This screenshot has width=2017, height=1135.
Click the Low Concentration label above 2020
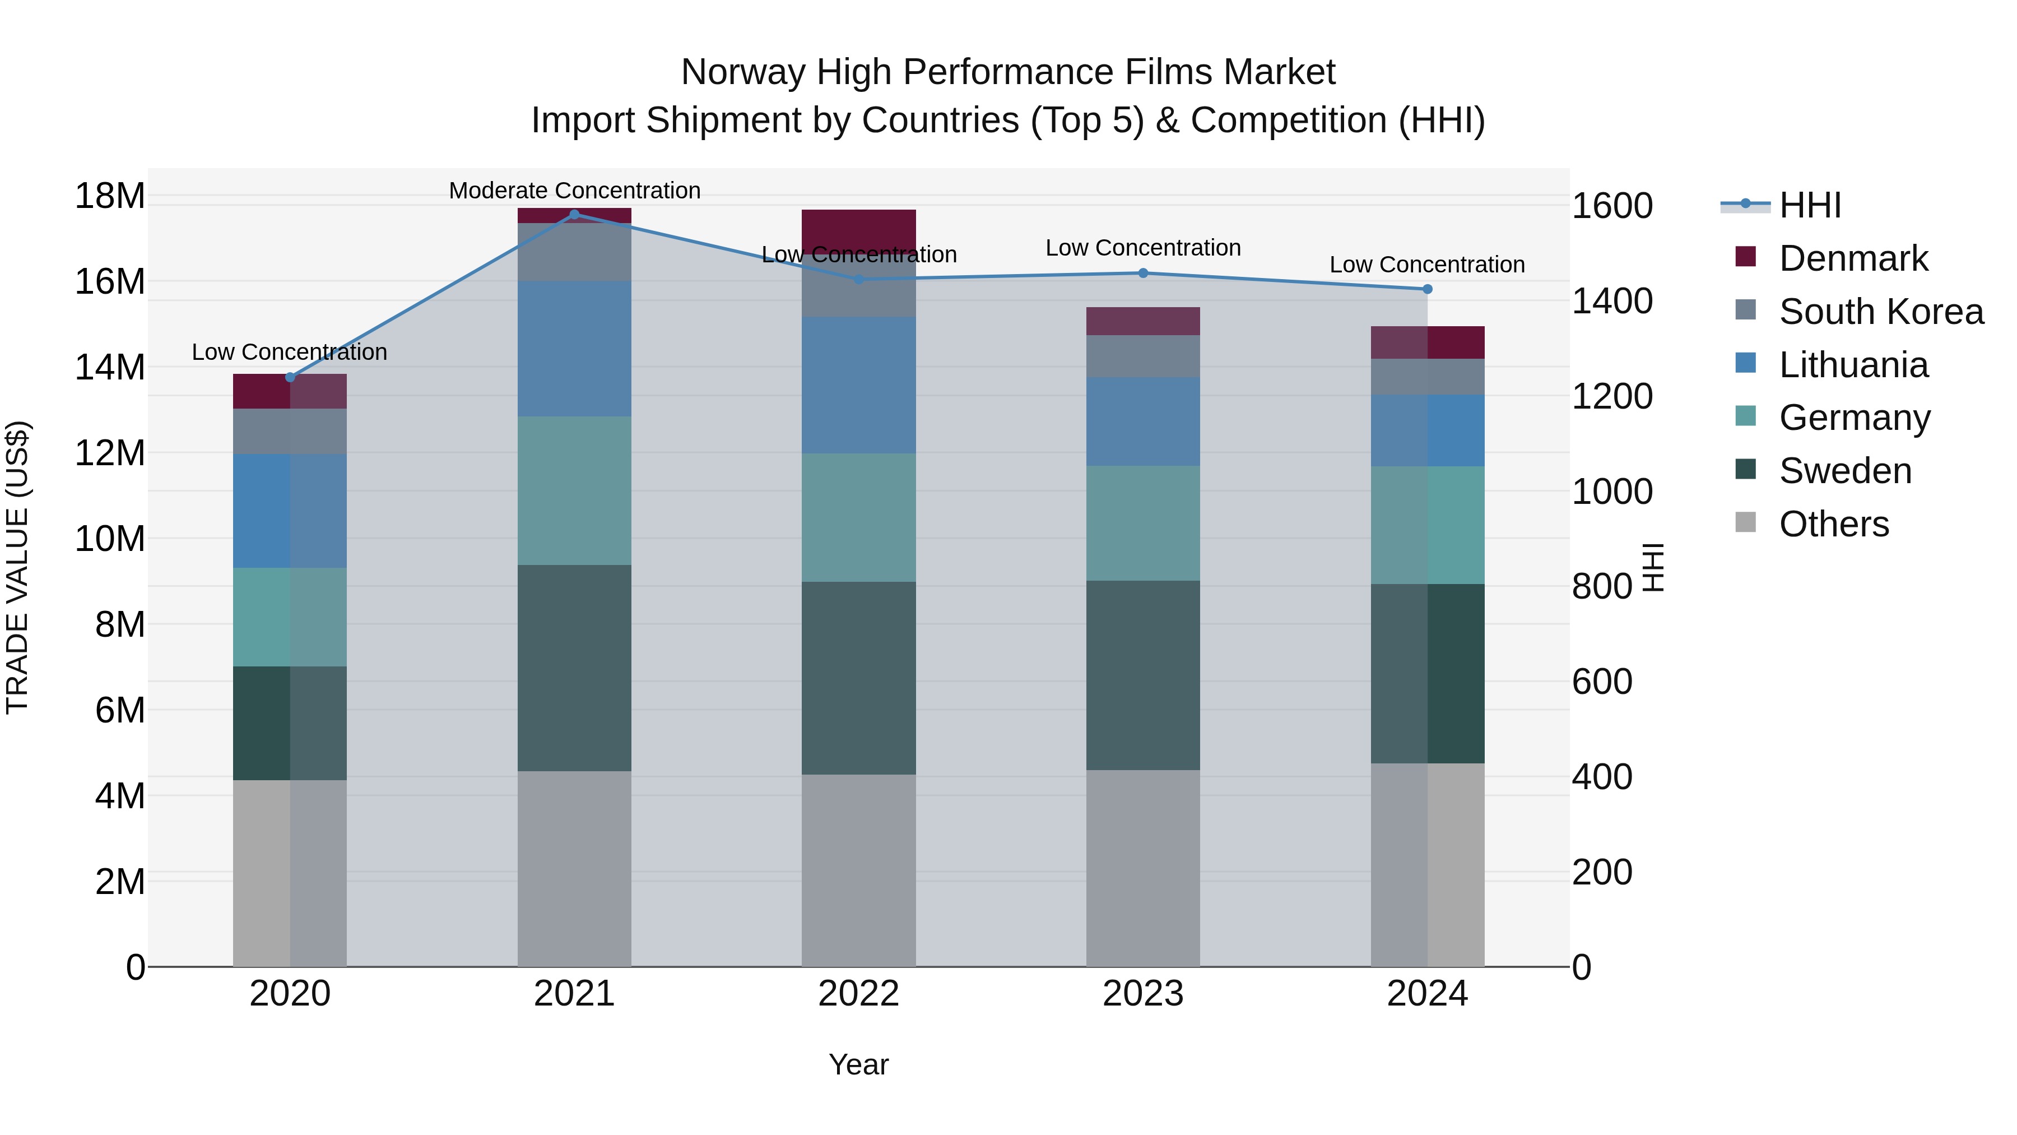(289, 353)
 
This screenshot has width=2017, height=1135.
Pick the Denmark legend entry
(1853, 258)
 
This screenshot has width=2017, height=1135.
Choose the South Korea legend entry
(1881, 312)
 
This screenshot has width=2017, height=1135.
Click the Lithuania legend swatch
(1745, 363)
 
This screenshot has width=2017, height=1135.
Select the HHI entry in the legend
(1810, 205)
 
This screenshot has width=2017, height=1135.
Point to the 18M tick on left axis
(110, 196)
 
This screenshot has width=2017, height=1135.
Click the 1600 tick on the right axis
(1612, 206)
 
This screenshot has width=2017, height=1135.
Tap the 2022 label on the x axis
(858, 994)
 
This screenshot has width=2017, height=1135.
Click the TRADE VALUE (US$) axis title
(17, 567)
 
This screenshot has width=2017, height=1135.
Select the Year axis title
(858, 1064)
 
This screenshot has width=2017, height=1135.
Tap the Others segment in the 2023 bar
(1142, 868)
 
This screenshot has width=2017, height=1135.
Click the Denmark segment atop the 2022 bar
(858, 228)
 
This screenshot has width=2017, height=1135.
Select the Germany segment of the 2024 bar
(1428, 525)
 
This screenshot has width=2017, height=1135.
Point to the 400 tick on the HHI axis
(1602, 777)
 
